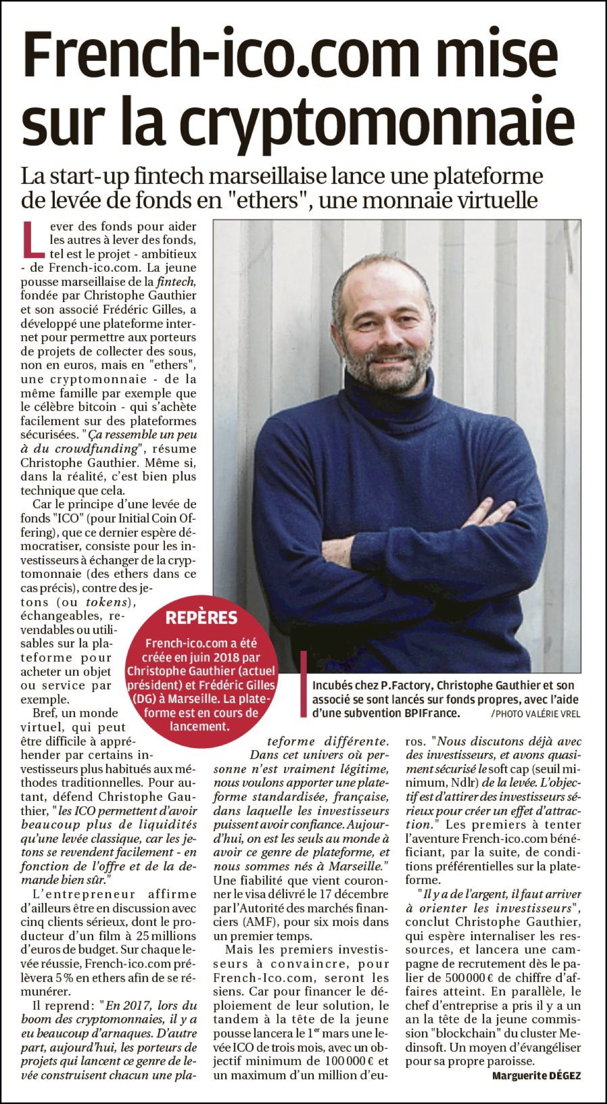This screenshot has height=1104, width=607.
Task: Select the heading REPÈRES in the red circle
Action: [x=201, y=617]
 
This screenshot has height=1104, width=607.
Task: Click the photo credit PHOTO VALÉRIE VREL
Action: [x=538, y=714]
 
